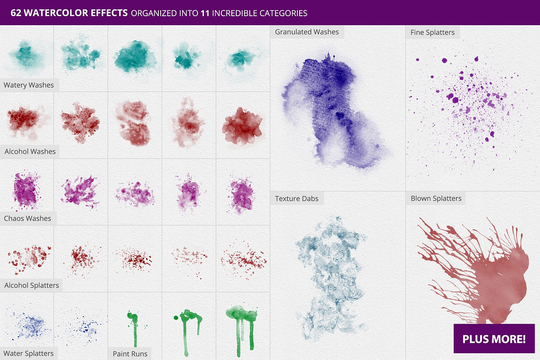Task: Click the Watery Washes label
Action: pyautogui.click(x=29, y=85)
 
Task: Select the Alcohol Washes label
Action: pyautogui.click(x=30, y=152)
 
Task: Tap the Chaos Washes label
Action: pyautogui.click(x=28, y=219)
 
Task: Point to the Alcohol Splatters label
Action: pyautogui.click(x=32, y=285)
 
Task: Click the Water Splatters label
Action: pyautogui.click(x=29, y=353)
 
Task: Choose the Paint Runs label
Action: pyautogui.click(x=130, y=354)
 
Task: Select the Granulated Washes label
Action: pyautogui.click(x=306, y=32)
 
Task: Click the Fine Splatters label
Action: pyautogui.click(x=432, y=32)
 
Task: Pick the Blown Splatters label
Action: pyautogui.click(x=436, y=198)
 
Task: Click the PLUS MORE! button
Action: pyautogui.click(x=494, y=339)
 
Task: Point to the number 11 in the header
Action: pyautogui.click(x=205, y=13)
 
